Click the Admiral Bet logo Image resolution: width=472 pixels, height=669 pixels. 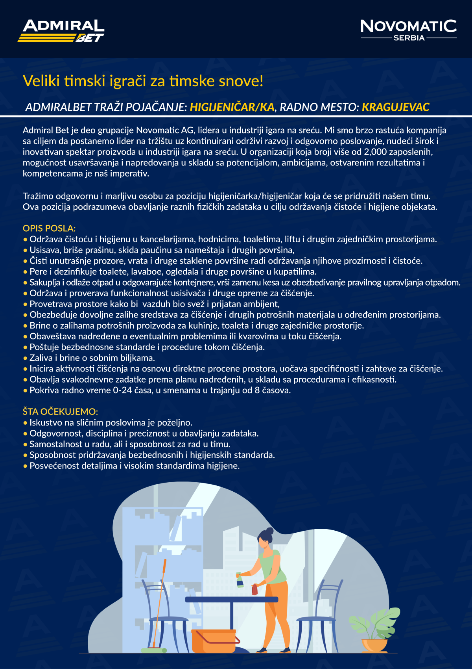pos(61,31)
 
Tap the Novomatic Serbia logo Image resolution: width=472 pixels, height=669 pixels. pos(408,30)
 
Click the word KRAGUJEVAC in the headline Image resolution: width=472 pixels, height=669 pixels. pos(395,107)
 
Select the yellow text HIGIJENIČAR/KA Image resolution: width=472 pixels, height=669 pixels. pos(232,107)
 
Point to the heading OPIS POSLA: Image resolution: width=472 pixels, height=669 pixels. pos(49,228)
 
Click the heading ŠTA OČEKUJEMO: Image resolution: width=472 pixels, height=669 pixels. pos(60,411)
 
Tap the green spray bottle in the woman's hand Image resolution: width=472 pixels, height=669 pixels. pos(239,580)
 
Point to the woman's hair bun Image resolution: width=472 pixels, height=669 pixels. pos(269,531)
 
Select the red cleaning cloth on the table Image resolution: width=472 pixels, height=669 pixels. pos(254,590)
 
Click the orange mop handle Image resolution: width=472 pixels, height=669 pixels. pos(160,599)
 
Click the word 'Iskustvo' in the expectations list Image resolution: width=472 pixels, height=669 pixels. pos(46,423)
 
